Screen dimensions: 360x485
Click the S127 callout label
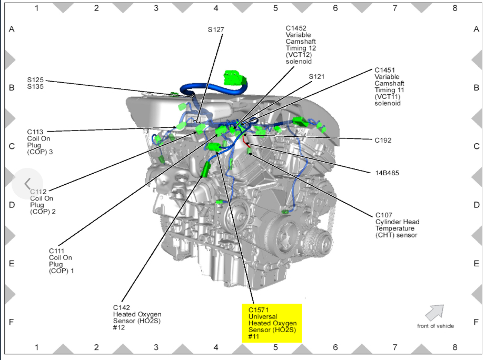point(216,29)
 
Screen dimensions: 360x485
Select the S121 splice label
point(316,76)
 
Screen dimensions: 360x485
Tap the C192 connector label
point(383,141)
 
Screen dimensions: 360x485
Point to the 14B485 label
point(387,172)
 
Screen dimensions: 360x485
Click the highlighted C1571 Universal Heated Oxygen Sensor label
point(272,323)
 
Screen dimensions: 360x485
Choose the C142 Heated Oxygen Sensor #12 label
point(137,317)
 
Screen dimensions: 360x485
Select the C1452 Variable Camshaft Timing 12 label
point(301,45)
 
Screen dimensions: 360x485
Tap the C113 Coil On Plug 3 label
point(43,142)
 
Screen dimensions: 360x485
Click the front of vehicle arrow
point(434,312)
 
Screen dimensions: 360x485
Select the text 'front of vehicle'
point(435,326)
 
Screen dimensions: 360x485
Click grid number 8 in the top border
point(454,8)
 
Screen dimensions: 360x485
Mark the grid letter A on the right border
point(476,29)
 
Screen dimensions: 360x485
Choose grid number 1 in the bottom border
point(36,347)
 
